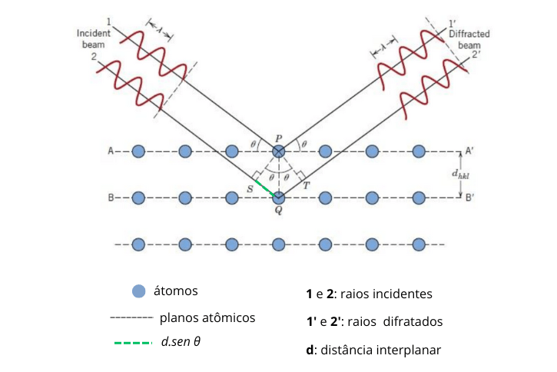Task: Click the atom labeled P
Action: coord(278,151)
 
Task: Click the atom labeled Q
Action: coord(278,198)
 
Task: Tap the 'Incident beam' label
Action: coord(94,39)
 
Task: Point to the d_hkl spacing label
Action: coord(460,176)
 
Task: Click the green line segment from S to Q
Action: coord(265,187)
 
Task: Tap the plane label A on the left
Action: coord(111,151)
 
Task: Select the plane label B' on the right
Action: coord(469,198)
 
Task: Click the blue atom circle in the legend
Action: coord(138,292)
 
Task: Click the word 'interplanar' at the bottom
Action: coord(409,350)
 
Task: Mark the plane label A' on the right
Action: coord(469,151)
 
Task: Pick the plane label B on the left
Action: coord(111,198)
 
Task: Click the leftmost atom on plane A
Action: coord(138,151)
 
